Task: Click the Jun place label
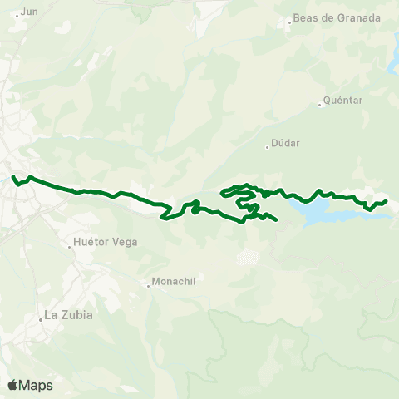tap(29, 12)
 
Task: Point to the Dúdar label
tap(285, 142)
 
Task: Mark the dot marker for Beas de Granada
tap(289, 22)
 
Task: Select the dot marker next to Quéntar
tap(320, 105)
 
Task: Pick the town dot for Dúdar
tap(267, 147)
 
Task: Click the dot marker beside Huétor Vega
tap(69, 246)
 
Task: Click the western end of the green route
tap(12, 175)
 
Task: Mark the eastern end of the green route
tap(387, 201)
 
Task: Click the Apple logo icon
tap(12, 385)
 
